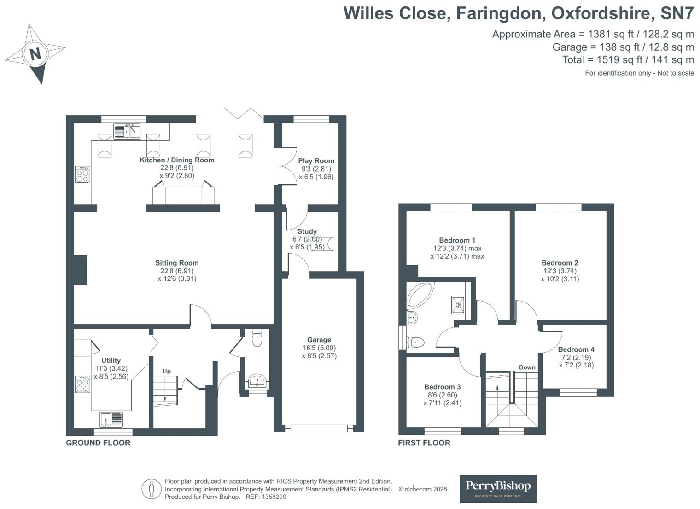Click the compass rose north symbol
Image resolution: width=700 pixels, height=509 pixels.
35,54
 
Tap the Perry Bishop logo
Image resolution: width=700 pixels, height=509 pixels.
498,488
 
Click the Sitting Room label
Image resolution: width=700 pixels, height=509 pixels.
177,263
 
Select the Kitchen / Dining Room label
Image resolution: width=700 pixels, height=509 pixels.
177,160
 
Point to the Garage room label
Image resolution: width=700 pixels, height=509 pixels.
319,340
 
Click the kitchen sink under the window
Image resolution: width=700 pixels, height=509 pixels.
127,132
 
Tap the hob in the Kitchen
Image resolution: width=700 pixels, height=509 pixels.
83,175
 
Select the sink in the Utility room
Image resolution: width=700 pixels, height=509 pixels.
111,420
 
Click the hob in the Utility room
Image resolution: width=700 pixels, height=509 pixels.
83,385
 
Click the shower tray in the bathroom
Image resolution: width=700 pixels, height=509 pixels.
458,304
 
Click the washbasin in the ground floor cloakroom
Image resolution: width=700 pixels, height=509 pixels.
257,382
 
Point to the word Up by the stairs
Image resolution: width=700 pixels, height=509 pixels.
167,371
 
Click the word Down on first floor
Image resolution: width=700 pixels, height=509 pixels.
527,367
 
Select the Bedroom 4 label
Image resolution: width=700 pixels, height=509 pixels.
576,349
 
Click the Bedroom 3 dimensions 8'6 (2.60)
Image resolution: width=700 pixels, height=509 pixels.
442,395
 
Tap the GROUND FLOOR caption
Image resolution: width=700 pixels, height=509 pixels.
98,443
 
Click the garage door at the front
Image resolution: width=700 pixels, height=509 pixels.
319,428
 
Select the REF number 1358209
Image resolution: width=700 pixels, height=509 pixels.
274,497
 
